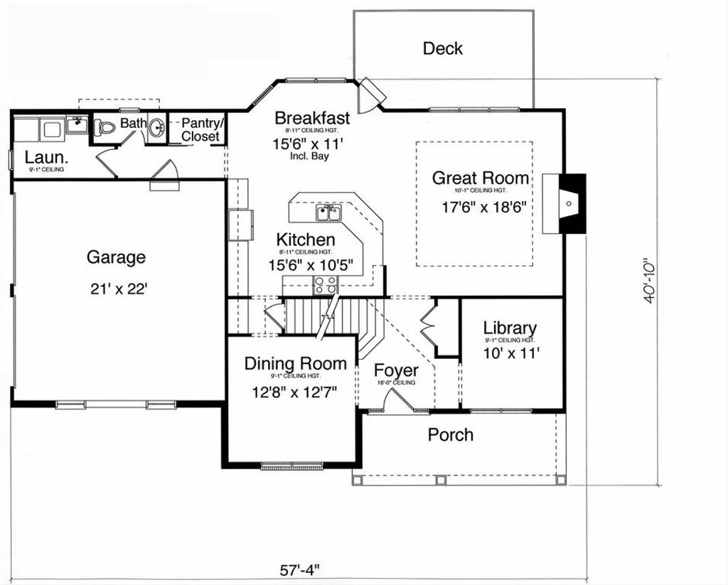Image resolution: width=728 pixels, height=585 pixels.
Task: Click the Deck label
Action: pyautogui.click(x=442, y=48)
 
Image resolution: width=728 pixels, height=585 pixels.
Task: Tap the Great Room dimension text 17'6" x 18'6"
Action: pyautogui.click(x=483, y=208)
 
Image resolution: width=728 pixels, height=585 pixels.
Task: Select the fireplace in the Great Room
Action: pyautogui.click(x=568, y=203)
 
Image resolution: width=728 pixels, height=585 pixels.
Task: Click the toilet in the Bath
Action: pyautogui.click(x=106, y=128)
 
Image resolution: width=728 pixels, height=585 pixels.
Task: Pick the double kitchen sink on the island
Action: pyautogui.click(x=328, y=212)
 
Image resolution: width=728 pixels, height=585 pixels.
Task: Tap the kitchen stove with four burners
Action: pyautogui.click(x=325, y=285)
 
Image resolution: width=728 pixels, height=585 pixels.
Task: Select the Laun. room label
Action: pyautogui.click(x=46, y=157)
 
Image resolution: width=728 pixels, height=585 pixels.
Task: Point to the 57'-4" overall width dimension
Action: pyautogui.click(x=299, y=570)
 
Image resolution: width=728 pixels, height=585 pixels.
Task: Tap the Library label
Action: pyautogui.click(x=510, y=328)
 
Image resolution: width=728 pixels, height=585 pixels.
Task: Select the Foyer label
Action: pyautogui.click(x=396, y=371)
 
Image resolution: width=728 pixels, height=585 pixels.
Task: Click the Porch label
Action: pyautogui.click(x=450, y=434)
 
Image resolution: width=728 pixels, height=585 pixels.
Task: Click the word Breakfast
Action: pyautogui.click(x=312, y=118)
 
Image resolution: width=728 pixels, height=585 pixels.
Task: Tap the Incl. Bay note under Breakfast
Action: pyautogui.click(x=310, y=156)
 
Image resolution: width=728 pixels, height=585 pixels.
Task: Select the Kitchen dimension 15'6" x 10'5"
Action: pyautogui.click(x=310, y=265)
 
